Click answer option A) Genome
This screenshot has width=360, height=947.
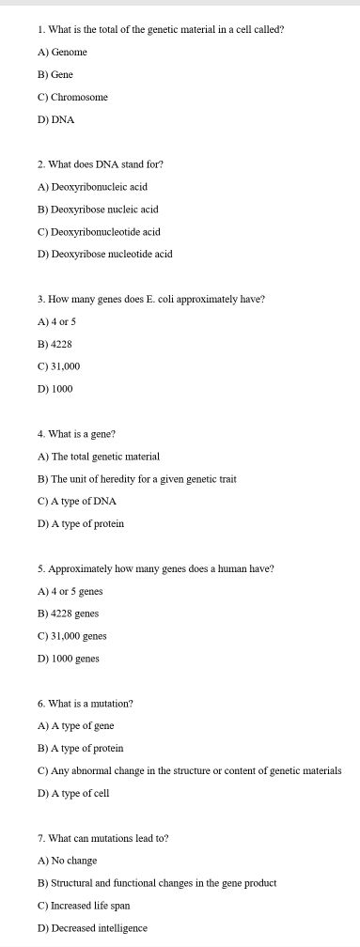coord(62,53)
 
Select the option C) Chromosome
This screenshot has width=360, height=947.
coord(72,98)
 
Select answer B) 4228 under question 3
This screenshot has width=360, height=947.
coord(55,344)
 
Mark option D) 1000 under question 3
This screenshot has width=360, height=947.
coord(55,389)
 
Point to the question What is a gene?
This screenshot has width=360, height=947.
coord(76,434)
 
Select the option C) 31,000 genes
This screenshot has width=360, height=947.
coord(71,636)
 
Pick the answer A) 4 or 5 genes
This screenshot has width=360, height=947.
coord(70,591)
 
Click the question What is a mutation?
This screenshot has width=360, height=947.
coord(86,703)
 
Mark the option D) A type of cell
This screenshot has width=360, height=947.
coord(73,793)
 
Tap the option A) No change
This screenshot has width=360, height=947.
coord(67,861)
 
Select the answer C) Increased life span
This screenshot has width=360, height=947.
coord(84,906)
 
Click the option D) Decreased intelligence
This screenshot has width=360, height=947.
coord(92,928)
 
